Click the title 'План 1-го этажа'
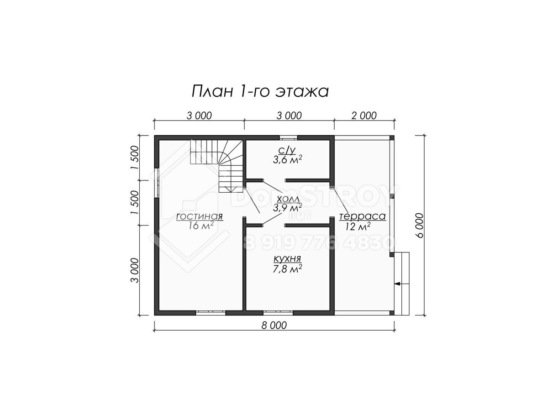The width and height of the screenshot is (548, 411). click(x=260, y=91)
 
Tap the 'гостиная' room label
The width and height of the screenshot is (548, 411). click(x=199, y=216)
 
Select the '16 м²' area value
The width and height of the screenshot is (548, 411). click(x=201, y=225)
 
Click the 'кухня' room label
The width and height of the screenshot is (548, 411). click(x=287, y=258)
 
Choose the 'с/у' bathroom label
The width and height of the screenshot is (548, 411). click(x=287, y=150)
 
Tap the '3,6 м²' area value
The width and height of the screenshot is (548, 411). click(x=288, y=160)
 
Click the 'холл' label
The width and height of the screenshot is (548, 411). click(x=288, y=199)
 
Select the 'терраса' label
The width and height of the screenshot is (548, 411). click(x=362, y=216)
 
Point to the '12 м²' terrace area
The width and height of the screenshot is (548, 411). click(x=358, y=227)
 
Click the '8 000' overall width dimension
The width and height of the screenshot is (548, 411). click(x=274, y=325)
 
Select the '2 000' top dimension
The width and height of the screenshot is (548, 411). click(x=364, y=116)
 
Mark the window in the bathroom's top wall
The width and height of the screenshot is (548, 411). click(x=288, y=138)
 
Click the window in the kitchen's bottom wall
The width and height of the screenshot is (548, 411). click(x=278, y=312)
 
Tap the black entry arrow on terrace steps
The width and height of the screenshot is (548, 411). click(x=398, y=284)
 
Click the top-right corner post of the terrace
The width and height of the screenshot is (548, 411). click(x=392, y=138)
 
